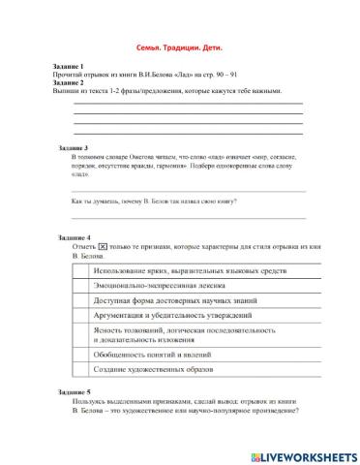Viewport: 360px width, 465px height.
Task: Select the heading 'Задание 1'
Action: [69, 65]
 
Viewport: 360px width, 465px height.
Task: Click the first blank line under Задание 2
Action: [188, 103]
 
